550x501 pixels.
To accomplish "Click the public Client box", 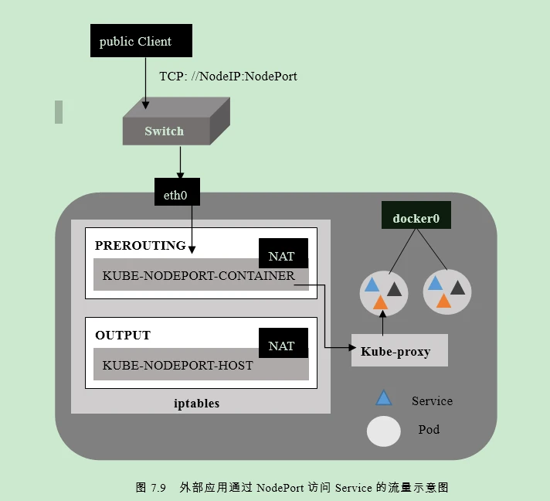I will pyautogui.click(x=141, y=41).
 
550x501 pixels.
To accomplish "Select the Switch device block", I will pyautogui.click(x=165, y=131).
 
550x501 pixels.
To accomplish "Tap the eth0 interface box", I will pyautogui.click(x=176, y=194).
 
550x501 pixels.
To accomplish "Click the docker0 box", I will pyautogui.click(x=416, y=218).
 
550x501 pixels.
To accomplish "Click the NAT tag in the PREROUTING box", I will pyautogui.click(x=283, y=254).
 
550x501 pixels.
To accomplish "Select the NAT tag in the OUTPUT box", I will pyautogui.click(x=283, y=345).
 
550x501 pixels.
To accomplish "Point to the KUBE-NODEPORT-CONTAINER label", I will pyautogui.click(x=199, y=275).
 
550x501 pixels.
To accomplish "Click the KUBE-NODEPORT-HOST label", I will pyautogui.click(x=178, y=365).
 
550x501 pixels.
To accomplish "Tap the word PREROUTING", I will pyautogui.click(x=140, y=246).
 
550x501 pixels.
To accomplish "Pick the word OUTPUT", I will pyautogui.click(x=123, y=336).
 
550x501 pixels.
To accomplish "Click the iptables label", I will pyautogui.click(x=196, y=403).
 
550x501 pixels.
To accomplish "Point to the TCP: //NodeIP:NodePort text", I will pyautogui.click(x=228, y=77).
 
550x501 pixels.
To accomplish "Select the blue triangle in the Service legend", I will pyautogui.click(x=383, y=399).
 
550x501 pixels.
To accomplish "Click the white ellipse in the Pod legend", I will pyautogui.click(x=383, y=431).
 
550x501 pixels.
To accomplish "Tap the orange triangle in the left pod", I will pyautogui.click(x=380, y=302).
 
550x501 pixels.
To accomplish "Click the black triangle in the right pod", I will pyautogui.click(x=457, y=288).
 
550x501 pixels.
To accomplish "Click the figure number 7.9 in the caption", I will pyautogui.click(x=158, y=487).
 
